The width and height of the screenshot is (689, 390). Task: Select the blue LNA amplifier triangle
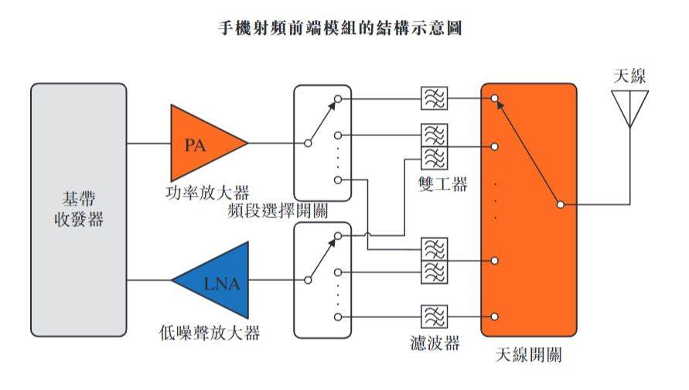tap(216, 282)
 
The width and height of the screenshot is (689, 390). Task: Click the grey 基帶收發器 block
tap(78, 210)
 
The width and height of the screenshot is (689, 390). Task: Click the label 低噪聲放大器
tap(206, 334)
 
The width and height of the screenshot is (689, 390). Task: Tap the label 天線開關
tap(529, 356)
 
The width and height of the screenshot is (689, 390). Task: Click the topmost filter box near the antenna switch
tap(434, 98)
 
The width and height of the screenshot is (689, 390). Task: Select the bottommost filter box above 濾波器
tap(434, 316)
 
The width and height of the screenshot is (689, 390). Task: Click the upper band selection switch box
tap(322, 144)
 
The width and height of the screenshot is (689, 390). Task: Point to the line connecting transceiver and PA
tap(148, 144)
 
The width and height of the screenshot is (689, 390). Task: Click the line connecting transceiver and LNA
tap(148, 282)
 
